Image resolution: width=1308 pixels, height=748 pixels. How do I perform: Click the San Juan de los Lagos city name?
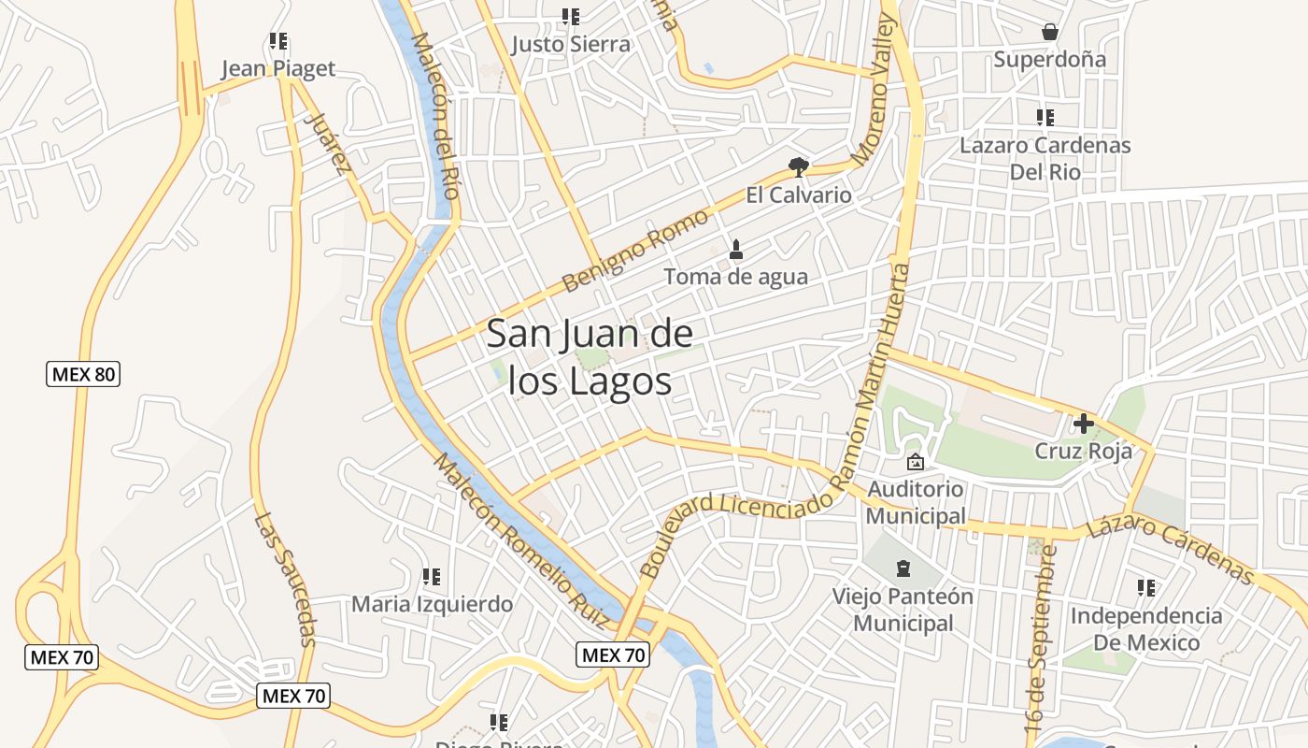[589, 358]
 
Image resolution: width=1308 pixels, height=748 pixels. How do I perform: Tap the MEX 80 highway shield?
[83, 375]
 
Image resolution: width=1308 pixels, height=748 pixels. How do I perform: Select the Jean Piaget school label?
[277, 69]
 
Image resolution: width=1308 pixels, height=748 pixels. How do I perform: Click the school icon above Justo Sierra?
[570, 17]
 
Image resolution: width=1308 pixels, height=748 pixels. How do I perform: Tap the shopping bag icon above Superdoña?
[1050, 32]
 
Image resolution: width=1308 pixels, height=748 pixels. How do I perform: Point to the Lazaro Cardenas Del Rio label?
[1045, 159]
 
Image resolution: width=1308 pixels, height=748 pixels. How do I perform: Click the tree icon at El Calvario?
[798, 167]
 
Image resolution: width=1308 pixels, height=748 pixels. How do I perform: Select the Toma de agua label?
[735, 278]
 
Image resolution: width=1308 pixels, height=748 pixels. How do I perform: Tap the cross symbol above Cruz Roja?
[1083, 424]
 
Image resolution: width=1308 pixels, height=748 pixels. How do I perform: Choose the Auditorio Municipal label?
[916, 502]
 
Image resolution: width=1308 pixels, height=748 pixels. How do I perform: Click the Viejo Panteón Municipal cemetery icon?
[903, 568]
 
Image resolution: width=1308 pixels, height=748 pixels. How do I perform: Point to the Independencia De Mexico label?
[1145, 629]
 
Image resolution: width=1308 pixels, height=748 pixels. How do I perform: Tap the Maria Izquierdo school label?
[432, 604]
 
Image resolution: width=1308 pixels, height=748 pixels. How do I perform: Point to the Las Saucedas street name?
[284, 580]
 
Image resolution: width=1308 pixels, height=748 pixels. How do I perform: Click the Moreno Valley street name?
[874, 91]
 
